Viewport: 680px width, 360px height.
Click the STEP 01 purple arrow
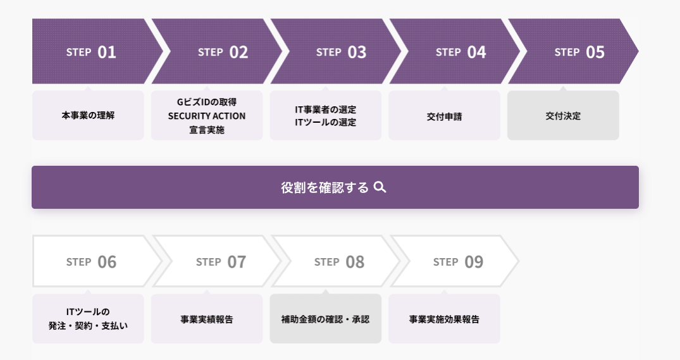pyautogui.click(x=91, y=52)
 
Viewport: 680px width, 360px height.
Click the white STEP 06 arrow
pyautogui.click(x=91, y=261)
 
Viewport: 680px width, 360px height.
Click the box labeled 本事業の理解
pyautogui.click(x=88, y=116)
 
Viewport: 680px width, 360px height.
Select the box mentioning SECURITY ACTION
pyautogui.click(x=207, y=116)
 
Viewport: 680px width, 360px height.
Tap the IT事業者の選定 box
pyautogui.click(x=326, y=116)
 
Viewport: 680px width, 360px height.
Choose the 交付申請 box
pyautogui.click(x=444, y=116)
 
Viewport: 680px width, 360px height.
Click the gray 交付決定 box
pyautogui.click(x=563, y=116)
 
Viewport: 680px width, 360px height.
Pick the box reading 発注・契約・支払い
pyautogui.click(x=88, y=319)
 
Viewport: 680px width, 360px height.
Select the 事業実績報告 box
pyautogui.click(x=207, y=319)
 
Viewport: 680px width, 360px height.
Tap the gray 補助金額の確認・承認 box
pyautogui.click(x=326, y=319)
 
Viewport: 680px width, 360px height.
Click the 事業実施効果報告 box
pyautogui.click(x=444, y=319)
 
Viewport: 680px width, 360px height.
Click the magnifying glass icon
pyautogui.click(x=380, y=187)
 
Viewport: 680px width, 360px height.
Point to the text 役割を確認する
pyautogui.click(x=325, y=187)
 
